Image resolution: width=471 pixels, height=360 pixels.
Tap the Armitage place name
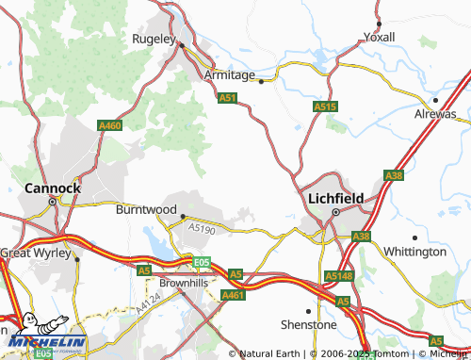click(x=230, y=74)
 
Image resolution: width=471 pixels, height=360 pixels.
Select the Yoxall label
click(x=379, y=37)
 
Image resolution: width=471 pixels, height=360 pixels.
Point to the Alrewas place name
click(x=435, y=113)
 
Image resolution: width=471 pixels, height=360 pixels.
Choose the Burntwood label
click(x=146, y=209)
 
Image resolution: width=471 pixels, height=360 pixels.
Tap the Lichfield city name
click(x=335, y=199)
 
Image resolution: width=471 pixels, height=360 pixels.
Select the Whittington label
click(x=415, y=252)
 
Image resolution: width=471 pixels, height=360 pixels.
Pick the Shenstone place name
click(x=309, y=324)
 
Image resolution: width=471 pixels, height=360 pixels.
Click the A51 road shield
click(x=227, y=97)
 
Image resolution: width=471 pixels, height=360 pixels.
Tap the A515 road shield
click(x=325, y=107)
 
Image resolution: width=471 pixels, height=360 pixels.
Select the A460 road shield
click(x=109, y=124)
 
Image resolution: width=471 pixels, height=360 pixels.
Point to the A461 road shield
click(x=234, y=295)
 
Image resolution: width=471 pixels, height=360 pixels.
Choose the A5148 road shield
click(x=338, y=275)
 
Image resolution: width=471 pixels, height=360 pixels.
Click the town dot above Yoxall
click(x=378, y=22)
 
